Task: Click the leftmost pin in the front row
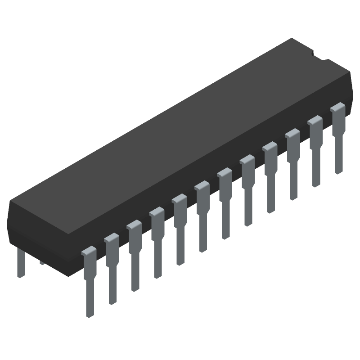tap(89, 279)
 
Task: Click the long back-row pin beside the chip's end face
tap(20, 263)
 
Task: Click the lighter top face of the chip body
tap(180, 135)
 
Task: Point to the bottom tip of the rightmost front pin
tap(338, 171)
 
